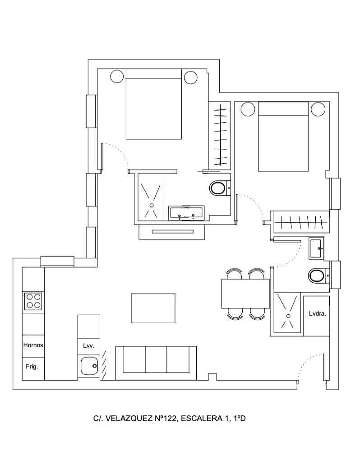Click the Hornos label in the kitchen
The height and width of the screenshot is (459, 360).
pyautogui.click(x=33, y=345)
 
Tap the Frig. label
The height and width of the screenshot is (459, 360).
pyautogui.click(x=32, y=367)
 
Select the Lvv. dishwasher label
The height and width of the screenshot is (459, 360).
pyautogui.click(x=88, y=346)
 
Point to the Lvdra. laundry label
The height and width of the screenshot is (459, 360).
pyautogui.click(x=318, y=313)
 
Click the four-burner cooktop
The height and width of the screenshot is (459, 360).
pyautogui.click(x=33, y=301)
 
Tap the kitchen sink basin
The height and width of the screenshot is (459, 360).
pyautogui.click(x=89, y=366)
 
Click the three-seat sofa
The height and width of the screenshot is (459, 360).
pyautogui.click(x=156, y=363)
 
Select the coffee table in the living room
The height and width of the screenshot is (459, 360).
pyautogui.click(x=153, y=308)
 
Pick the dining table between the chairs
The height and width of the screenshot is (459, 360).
pyautogui.click(x=245, y=294)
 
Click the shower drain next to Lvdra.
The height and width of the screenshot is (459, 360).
pyautogui.click(x=288, y=316)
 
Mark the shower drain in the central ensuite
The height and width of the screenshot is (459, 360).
pyautogui.click(x=152, y=205)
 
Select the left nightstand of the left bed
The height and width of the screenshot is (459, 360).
pyautogui.click(x=117, y=76)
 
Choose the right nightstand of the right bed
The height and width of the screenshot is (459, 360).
pyautogui.click(x=318, y=109)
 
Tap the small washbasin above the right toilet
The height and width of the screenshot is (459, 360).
pyautogui.click(x=316, y=248)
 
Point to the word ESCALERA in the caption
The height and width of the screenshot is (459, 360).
pyautogui.click(x=202, y=418)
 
